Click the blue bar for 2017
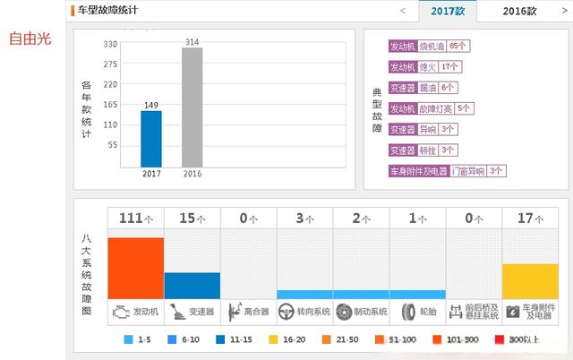[x=151, y=138]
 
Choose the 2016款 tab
[x=520, y=12]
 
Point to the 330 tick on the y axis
[x=110, y=43]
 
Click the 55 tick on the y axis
[x=113, y=145]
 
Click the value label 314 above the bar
[x=192, y=41]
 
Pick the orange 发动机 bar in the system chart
[x=135, y=268]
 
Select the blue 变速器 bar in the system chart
[x=192, y=285]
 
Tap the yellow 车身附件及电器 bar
[x=530, y=280]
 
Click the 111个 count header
[x=135, y=218]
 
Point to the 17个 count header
[x=530, y=218]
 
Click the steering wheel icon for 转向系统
[x=286, y=312]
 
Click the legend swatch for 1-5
[x=129, y=340]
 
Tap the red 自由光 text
[x=29, y=40]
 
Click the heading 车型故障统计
[x=114, y=11]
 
